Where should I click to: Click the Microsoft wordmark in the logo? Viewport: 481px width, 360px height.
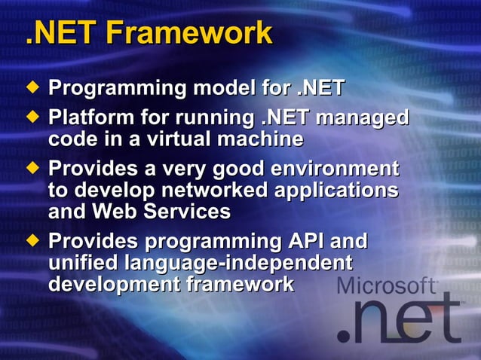(386, 286)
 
